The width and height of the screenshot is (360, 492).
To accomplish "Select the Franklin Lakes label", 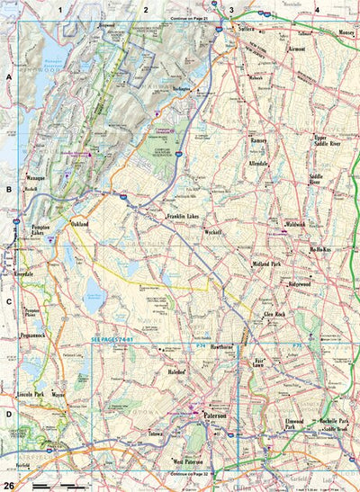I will [187, 218].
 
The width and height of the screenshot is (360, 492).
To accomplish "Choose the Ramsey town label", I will [260, 142].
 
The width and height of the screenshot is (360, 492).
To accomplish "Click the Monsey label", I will [346, 31].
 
